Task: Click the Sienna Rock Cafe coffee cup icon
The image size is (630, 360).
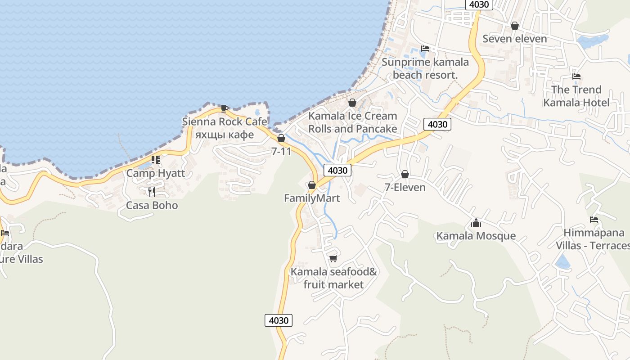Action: point(224,108)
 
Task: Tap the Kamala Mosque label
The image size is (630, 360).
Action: point(476,236)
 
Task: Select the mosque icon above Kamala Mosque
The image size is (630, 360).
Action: point(476,223)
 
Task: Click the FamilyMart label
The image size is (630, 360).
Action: point(312,198)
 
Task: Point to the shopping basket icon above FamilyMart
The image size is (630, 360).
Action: point(312,185)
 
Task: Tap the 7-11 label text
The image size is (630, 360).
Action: point(281,152)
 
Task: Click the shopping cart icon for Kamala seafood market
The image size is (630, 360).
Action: point(333,258)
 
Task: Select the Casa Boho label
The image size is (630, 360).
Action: point(152,205)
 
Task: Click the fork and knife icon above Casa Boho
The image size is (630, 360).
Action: point(152,192)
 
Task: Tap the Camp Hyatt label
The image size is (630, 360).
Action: point(155,173)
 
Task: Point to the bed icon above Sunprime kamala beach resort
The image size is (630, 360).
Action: point(425,49)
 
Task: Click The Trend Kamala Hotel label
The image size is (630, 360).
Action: point(576,96)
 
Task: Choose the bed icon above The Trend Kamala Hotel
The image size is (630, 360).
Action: point(576,76)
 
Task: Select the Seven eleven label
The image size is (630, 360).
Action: point(514,39)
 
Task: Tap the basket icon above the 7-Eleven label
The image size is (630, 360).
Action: point(405,174)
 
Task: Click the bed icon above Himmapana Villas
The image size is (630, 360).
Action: point(594,220)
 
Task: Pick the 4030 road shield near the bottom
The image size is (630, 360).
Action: point(279,320)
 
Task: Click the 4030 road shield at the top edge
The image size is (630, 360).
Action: point(479,4)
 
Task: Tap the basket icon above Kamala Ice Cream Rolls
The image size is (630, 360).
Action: point(352,103)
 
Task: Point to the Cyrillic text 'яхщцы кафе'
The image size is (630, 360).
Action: point(224,135)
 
